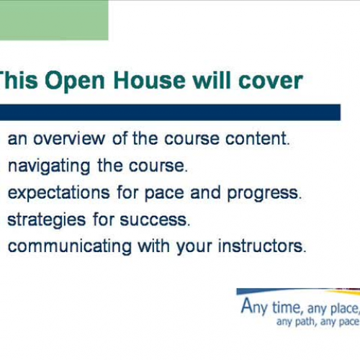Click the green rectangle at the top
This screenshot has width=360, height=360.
tap(54, 20)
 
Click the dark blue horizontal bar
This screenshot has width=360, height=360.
tap(170, 112)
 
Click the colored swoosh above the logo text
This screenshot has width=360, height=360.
tap(302, 292)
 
